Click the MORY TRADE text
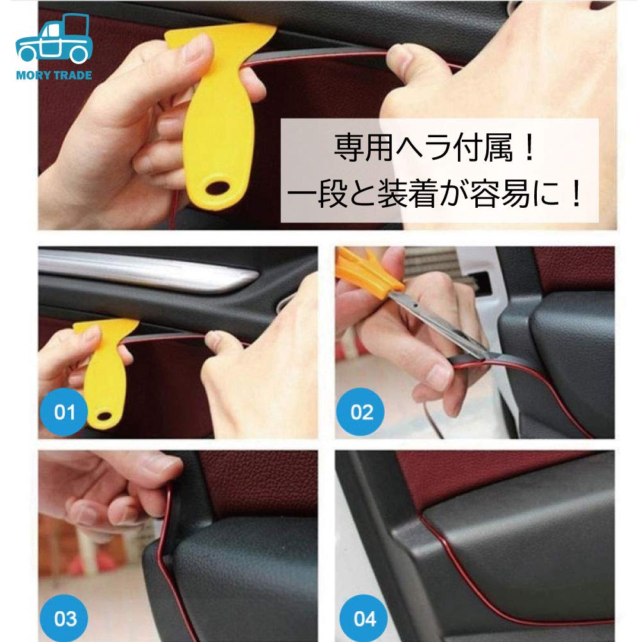54,75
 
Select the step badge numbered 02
362,411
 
